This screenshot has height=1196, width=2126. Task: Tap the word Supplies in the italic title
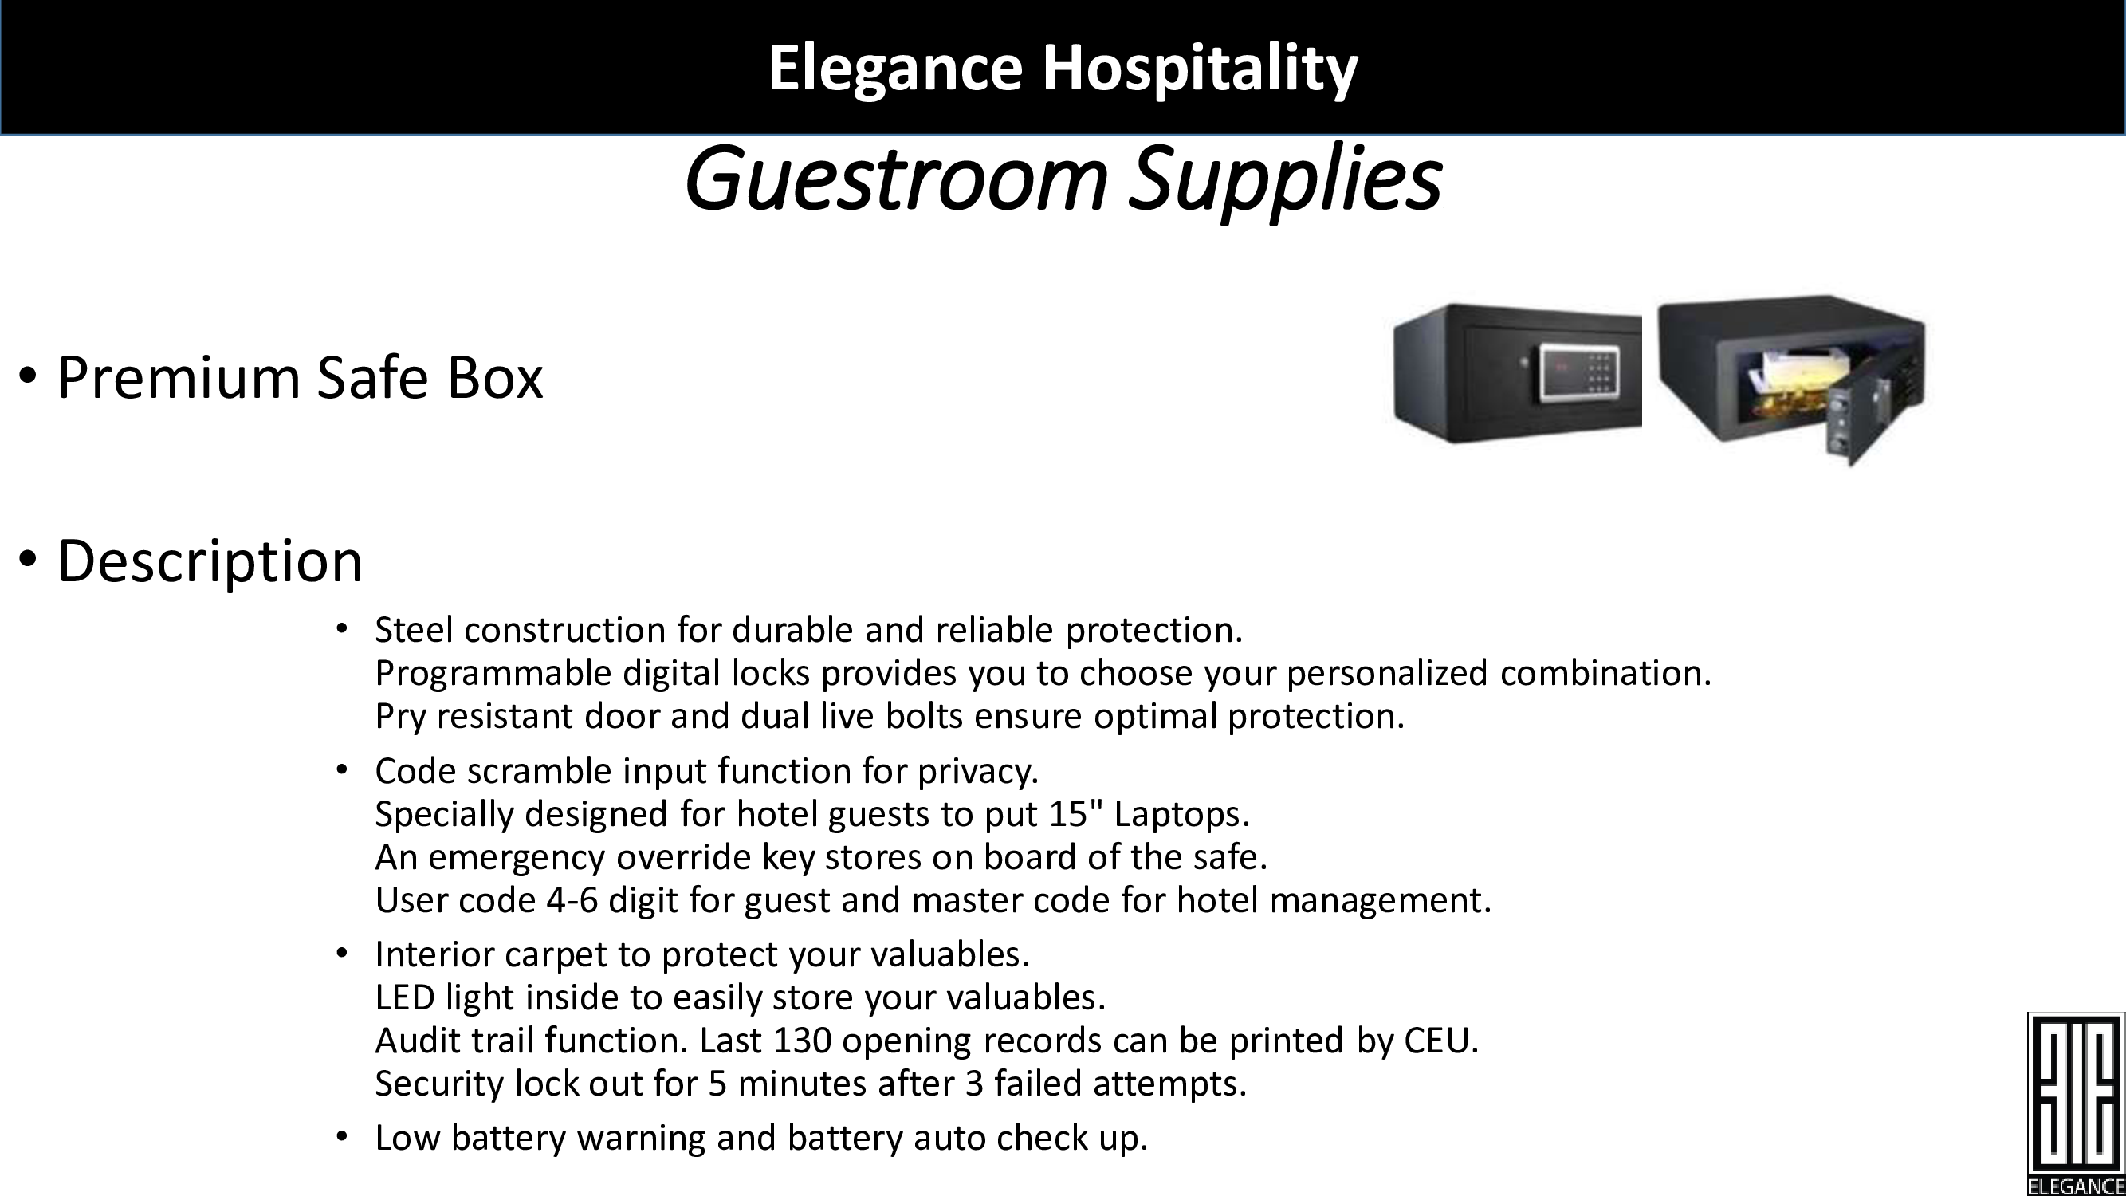(1285, 182)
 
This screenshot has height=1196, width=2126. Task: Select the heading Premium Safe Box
(300, 377)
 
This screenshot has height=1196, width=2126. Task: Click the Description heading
(210, 561)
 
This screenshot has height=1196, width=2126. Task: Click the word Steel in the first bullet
(414, 630)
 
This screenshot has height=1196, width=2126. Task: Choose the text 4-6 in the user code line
(572, 899)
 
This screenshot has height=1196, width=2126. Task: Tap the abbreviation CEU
(1441, 1041)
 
